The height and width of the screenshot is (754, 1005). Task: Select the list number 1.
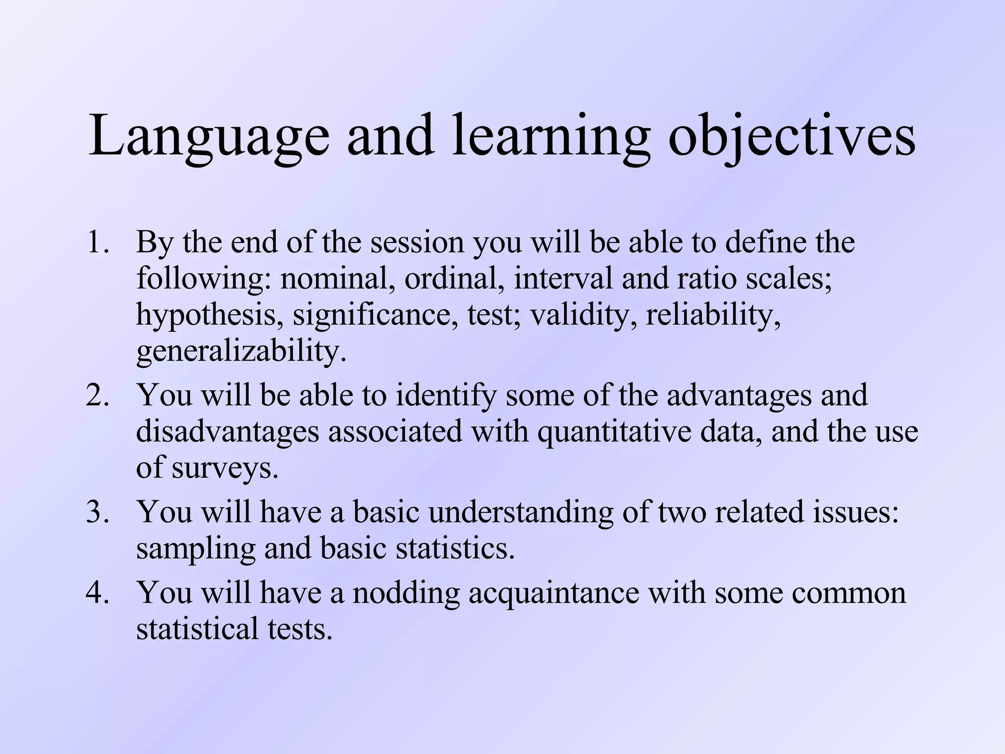point(97,242)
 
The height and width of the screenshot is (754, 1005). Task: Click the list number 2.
point(97,395)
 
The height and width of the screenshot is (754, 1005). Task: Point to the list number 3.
point(97,512)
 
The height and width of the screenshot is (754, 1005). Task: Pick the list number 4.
point(97,592)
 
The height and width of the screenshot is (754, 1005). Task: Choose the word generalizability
point(240,351)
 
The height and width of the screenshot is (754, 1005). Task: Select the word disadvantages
point(227,432)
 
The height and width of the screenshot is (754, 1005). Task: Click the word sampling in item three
point(195,549)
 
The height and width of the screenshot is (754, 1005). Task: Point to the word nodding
point(406,592)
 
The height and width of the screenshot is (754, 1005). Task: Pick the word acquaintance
point(554,592)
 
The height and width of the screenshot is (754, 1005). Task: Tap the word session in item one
point(417,242)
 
